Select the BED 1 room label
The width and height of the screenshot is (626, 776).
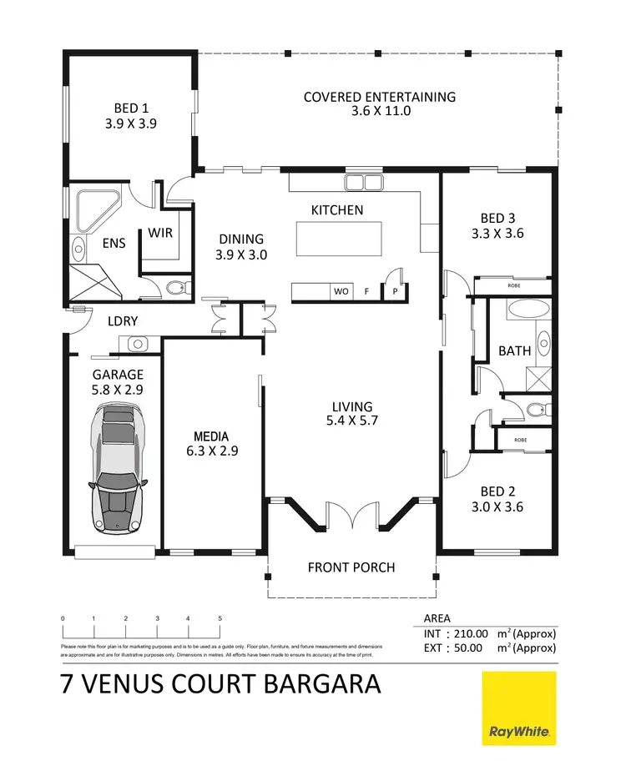click(131, 108)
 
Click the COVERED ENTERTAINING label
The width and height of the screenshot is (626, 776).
click(380, 97)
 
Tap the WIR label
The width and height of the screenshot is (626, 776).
click(160, 233)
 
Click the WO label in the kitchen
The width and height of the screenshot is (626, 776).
click(341, 292)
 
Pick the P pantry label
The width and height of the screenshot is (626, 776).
click(394, 292)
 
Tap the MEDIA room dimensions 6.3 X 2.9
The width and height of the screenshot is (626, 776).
click(211, 451)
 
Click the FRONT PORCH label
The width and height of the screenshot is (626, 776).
click(351, 567)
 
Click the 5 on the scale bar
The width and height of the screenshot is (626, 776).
click(220, 618)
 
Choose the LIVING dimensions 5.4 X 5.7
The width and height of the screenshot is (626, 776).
click(351, 421)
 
